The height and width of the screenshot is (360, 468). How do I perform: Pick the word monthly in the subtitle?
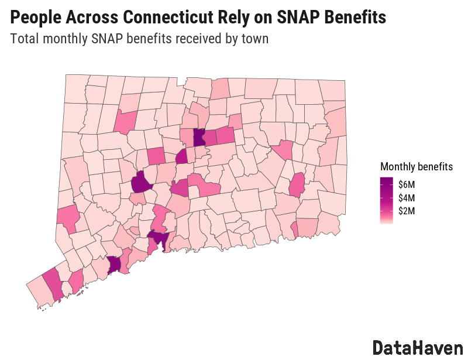(69, 40)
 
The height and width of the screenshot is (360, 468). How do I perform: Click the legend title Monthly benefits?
(416, 166)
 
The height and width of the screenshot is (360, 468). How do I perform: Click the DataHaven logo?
(417, 347)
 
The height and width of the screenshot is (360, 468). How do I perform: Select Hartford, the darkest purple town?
(199, 138)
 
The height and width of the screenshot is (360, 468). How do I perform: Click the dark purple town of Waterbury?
(140, 184)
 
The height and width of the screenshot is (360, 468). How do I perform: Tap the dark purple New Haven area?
(157, 238)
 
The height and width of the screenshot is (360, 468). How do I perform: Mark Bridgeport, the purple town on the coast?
(114, 265)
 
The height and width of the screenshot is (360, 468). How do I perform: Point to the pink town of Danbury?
(68, 217)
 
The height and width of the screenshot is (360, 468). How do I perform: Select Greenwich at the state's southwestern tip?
(37, 292)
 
